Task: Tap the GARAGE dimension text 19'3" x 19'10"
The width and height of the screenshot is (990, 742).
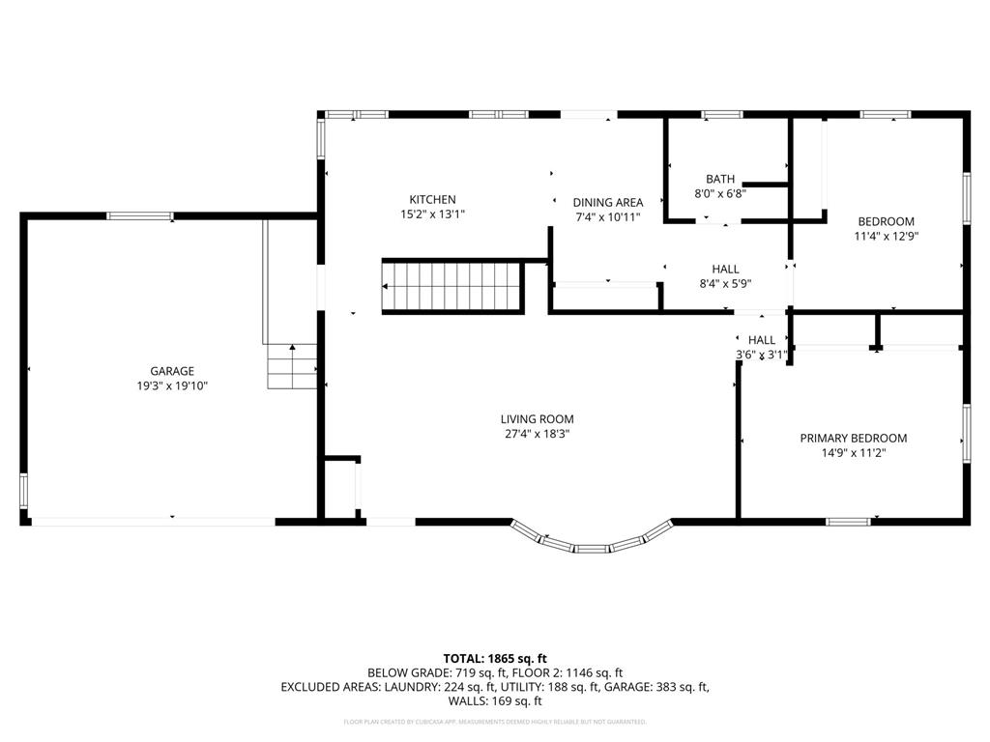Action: point(172,385)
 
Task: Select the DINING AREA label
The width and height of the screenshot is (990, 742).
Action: point(607,202)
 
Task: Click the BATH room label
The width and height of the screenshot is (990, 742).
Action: point(719,179)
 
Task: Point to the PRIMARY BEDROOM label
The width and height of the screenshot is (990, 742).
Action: point(853,438)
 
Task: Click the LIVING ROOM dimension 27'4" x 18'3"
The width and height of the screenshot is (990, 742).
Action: point(537,434)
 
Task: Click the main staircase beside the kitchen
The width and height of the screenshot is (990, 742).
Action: point(452,287)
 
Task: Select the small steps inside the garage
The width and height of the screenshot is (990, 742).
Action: point(292,367)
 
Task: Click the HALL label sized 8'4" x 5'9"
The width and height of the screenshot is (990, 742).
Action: point(725,269)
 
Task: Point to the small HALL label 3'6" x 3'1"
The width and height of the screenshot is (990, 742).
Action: point(761,340)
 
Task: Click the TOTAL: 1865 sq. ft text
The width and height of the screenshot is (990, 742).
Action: point(494,657)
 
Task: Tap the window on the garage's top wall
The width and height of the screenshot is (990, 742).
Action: point(140,215)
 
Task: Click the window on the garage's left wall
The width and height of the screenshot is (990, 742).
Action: point(24,491)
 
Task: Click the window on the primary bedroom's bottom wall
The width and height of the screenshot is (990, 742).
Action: point(848,522)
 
